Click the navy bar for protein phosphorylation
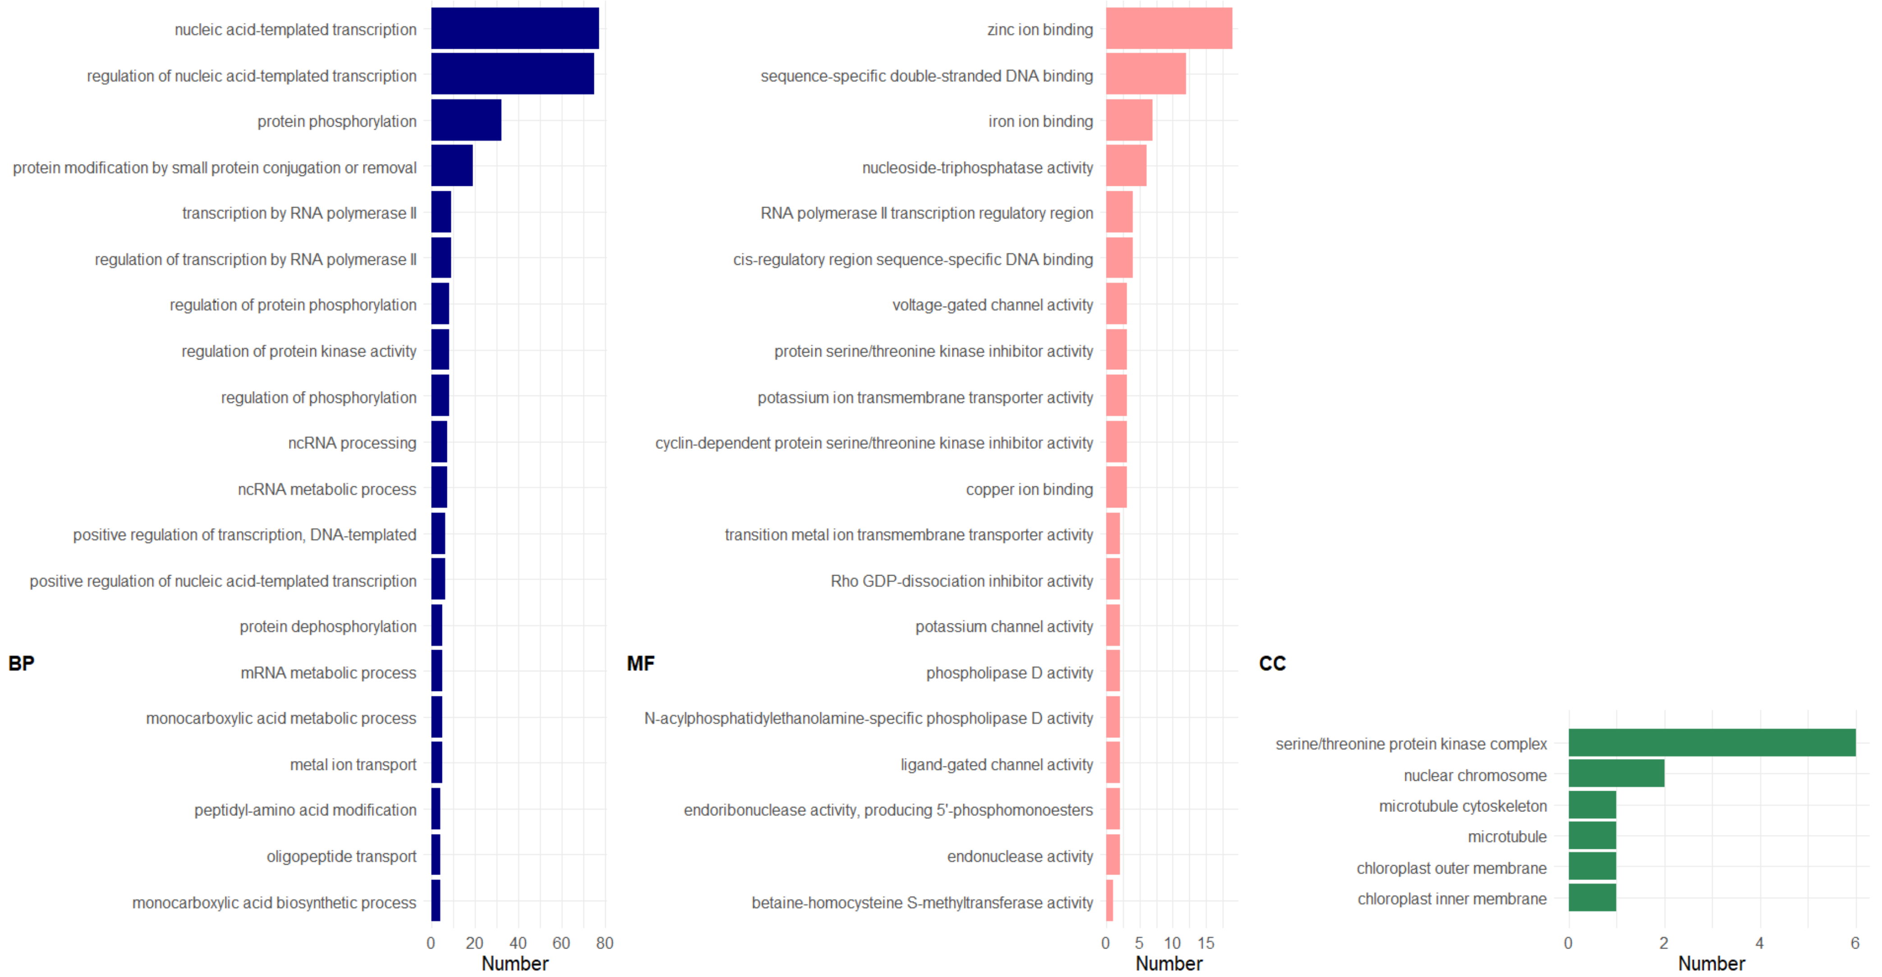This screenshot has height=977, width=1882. click(466, 120)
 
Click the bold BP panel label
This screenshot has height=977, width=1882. click(21, 664)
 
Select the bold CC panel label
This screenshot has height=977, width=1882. click(1272, 664)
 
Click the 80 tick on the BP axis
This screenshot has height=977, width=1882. click(604, 943)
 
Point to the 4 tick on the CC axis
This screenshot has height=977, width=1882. click(1759, 943)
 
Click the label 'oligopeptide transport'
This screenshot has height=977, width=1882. click(341, 857)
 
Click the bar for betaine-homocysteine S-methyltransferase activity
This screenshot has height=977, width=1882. click(1109, 901)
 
